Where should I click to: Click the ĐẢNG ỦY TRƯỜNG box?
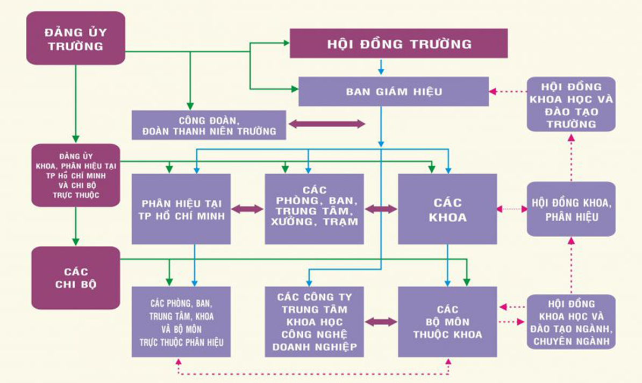tap(75, 38)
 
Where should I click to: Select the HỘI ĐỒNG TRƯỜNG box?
tap(398, 44)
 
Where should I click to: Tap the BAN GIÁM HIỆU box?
tap(393, 91)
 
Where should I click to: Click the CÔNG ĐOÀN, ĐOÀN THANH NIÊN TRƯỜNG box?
tap(209, 125)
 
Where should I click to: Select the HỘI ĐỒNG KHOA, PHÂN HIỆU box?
tap(571, 209)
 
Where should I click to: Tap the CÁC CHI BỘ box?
tap(75, 278)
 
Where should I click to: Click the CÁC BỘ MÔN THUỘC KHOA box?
tap(447, 322)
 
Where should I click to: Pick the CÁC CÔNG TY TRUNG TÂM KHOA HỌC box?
tap(315, 322)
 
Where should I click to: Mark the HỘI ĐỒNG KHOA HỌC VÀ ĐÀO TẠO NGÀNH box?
tap(571, 322)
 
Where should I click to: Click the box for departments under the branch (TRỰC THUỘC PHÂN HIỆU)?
tap(181, 322)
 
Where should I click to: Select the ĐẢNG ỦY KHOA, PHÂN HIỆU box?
tap(75, 175)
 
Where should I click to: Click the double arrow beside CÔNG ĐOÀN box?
tap(327, 124)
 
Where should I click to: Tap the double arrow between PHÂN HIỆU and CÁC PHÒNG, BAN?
tap(248, 209)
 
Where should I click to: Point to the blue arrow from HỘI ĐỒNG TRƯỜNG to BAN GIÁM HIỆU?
tap(381, 67)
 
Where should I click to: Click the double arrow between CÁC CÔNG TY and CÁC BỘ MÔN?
tap(381, 322)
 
